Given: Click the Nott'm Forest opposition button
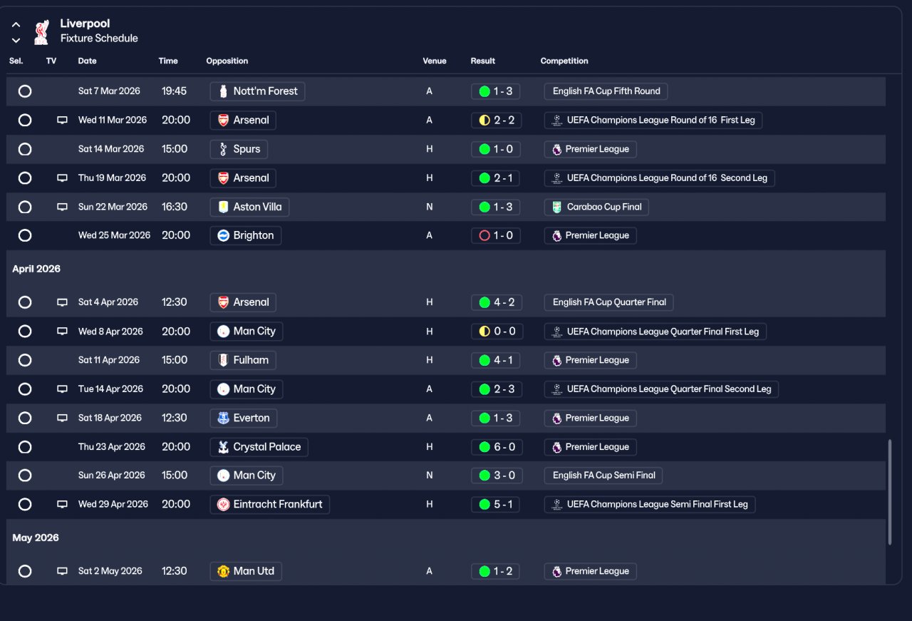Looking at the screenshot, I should [257, 91].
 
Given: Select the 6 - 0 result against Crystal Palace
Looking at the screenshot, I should [496, 447].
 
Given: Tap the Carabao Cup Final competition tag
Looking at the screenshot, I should [596, 207].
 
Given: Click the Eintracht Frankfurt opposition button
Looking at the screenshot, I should [269, 504].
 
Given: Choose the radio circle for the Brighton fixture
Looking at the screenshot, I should [25, 235].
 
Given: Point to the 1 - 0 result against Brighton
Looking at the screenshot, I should [496, 235].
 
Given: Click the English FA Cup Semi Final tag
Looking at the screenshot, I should [603, 476].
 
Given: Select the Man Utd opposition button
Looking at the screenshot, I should [246, 571].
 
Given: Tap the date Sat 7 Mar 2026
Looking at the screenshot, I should [109, 91].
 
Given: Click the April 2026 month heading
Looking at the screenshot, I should [36, 269].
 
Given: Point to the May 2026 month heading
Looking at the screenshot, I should [36, 538].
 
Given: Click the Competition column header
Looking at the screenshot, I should [564, 61].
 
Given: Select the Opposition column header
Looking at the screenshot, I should [227, 61].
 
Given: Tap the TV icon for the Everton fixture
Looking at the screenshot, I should [62, 418].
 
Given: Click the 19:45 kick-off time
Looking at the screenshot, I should [174, 91].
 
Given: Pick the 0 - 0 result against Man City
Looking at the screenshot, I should [496, 332].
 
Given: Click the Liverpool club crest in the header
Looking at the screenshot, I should [41, 31].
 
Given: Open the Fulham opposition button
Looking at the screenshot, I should [243, 360].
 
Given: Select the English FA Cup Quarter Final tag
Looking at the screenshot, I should [608, 302].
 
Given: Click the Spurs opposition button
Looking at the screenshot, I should [239, 149].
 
